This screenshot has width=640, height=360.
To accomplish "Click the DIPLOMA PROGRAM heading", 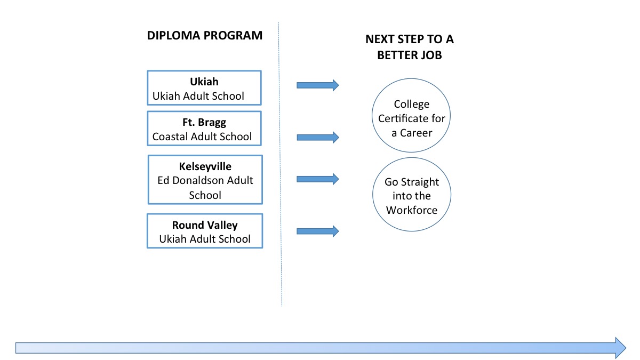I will tap(205, 36).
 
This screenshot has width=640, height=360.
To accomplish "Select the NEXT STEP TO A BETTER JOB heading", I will tap(410, 47).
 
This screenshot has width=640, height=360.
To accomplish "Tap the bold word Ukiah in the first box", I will tap(204, 82).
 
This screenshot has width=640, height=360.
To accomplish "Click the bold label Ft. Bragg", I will tap(204, 123).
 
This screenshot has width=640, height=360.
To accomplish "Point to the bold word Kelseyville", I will tap(205, 166).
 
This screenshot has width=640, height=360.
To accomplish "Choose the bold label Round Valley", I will tap(205, 225).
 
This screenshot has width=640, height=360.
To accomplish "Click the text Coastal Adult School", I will tap(202, 137).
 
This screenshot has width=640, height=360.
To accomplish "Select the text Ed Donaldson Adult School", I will tap(205, 187).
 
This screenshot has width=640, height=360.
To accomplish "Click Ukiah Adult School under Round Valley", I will tap(205, 239).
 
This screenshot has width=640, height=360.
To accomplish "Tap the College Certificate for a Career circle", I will tap(411, 118).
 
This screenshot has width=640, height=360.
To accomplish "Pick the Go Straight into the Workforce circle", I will tap(411, 196).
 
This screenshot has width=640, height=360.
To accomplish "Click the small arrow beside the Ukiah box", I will tap(317, 85).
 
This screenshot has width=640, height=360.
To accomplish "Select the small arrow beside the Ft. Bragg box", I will tap(317, 138).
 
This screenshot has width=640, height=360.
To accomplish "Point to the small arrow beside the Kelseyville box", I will tap(317, 179).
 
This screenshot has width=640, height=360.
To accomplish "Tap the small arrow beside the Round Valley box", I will tap(317, 231).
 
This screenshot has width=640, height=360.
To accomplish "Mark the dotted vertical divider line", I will tap(281, 160).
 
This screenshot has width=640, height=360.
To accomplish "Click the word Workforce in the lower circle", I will tap(412, 210).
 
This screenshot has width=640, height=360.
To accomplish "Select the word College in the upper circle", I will tap(411, 105).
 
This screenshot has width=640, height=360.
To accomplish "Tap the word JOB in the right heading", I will tap(431, 54).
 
